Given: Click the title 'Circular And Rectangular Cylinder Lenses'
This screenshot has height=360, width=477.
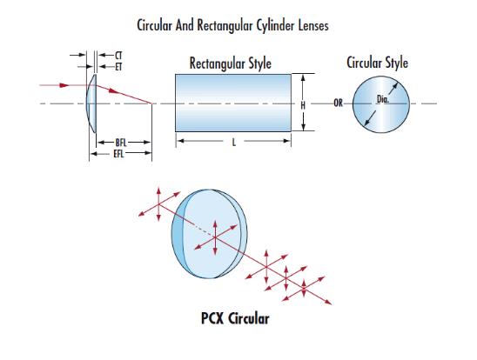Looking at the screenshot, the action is pos(232,25).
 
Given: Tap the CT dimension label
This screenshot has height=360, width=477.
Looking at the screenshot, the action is pos(118,56).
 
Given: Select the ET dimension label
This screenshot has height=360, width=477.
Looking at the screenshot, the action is pos(118,67).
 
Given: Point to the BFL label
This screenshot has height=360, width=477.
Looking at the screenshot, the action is pos(121,143).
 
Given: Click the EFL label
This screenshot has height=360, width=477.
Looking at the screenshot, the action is pos(118,154).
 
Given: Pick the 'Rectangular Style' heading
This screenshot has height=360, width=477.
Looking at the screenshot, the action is pos(231,63).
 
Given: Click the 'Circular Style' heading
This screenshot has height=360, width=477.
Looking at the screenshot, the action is pos(377,63).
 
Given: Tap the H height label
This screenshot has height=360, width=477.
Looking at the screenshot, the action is pos(303,105).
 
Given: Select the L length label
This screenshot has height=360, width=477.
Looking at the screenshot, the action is pos(234,142).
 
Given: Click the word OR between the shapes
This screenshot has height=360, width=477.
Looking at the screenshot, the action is pos(338,103).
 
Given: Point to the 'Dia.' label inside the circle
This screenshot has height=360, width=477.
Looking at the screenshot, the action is pos(383,99).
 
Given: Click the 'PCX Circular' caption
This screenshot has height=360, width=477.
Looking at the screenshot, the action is pos(235,318).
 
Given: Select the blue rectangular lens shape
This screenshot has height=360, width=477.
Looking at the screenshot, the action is pos(233,103).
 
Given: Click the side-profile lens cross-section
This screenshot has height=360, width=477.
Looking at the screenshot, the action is pos(91,103).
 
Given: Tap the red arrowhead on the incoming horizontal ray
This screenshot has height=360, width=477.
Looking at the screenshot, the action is pos(64,85).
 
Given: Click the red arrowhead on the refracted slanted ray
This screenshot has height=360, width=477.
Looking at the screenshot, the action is pos(113,90).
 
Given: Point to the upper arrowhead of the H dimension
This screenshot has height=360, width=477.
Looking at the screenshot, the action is pos(303,77).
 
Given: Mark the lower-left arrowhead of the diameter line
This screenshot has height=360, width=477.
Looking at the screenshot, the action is pos(367,122).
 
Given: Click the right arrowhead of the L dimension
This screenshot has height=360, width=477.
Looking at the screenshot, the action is pos(287,141).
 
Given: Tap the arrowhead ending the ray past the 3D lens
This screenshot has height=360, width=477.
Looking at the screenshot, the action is pos(328,302).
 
